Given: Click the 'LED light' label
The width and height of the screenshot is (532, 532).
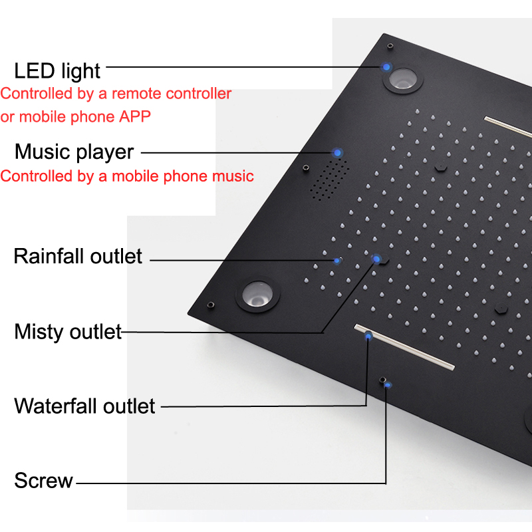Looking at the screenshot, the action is pyautogui.click(x=57, y=71).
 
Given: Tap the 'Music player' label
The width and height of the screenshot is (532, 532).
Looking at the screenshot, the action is pyautogui.click(x=74, y=152).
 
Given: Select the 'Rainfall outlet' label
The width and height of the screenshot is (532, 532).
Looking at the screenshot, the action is pyautogui.click(x=78, y=256).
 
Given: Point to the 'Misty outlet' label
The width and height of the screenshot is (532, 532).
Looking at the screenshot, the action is pyautogui.click(x=68, y=332).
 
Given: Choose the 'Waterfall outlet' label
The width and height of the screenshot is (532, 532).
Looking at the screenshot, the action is pyautogui.click(x=85, y=406).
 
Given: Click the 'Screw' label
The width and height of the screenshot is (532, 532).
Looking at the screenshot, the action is pyautogui.click(x=43, y=480).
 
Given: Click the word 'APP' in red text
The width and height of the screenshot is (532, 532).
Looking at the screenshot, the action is pyautogui.click(x=135, y=117).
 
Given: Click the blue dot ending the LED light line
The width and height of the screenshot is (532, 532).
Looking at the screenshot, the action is pyautogui.click(x=386, y=67).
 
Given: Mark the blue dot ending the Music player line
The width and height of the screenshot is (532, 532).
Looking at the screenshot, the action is pyautogui.click(x=337, y=153).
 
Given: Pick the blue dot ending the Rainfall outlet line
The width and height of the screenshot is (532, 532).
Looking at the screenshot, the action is pyautogui.click(x=337, y=261).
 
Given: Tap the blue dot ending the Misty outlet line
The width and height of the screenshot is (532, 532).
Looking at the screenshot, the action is pyautogui.click(x=376, y=259).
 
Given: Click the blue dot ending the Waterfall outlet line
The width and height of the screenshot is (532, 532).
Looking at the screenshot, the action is pyautogui.click(x=368, y=336).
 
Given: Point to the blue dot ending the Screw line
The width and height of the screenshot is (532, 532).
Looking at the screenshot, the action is pyautogui.click(x=388, y=385).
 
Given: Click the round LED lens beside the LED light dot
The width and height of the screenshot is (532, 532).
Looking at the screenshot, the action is pyautogui.click(x=403, y=79).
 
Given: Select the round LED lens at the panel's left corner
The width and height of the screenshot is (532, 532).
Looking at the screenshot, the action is pyautogui.click(x=257, y=294).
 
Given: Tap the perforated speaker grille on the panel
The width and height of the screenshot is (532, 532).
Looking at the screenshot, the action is pyautogui.click(x=329, y=179).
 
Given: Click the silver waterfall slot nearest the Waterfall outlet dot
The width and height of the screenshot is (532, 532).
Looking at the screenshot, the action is pyautogui.click(x=404, y=346).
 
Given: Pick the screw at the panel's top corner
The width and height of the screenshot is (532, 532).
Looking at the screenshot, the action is pyautogui.click(x=390, y=45).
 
